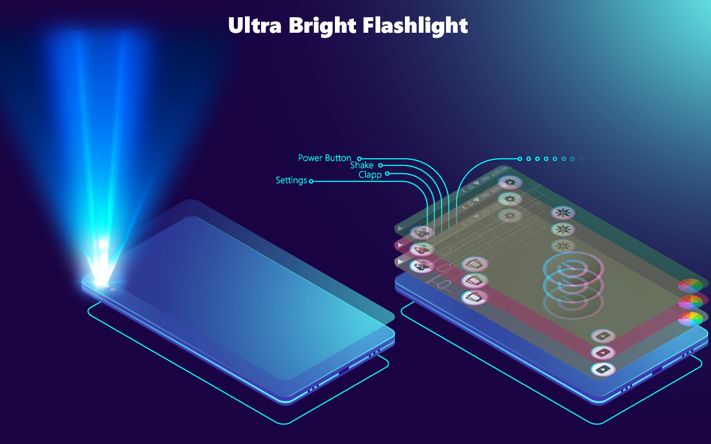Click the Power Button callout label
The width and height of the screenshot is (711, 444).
(324, 158)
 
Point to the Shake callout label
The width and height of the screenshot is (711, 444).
(362, 165)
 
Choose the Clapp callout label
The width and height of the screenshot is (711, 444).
(370, 175)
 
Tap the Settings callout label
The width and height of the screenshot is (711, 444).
(291, 180)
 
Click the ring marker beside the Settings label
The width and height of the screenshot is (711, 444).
(311, 181)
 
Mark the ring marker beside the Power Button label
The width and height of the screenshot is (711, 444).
(359, 159)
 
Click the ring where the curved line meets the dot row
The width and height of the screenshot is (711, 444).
(520, 159)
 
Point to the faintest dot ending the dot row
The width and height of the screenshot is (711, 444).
(581, 159)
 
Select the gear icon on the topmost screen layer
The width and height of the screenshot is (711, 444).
(509, 182)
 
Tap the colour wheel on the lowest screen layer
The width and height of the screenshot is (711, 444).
(690, 319)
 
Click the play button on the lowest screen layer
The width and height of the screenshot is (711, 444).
(603, 369)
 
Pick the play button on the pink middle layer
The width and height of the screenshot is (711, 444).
(603, 352)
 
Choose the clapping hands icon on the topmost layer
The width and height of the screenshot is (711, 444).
(422, 233)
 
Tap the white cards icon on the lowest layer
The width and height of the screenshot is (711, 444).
(475, 297)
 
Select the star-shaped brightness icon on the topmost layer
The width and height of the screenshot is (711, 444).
(563, 213)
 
